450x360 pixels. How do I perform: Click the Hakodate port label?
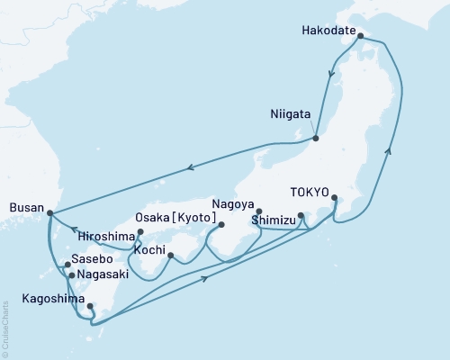[328, 27]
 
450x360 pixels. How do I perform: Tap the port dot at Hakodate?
[360, 37]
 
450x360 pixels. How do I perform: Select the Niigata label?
[292, 114]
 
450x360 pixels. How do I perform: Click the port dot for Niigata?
[316, 138]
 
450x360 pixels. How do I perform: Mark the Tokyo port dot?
[335, 198]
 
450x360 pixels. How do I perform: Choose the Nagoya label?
[233, 203]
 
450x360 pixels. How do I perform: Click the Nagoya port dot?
[259, 212]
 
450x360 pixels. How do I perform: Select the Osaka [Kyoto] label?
[175, 219]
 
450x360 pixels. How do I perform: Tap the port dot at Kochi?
[170, 256]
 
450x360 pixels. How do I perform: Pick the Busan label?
[24, 206]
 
